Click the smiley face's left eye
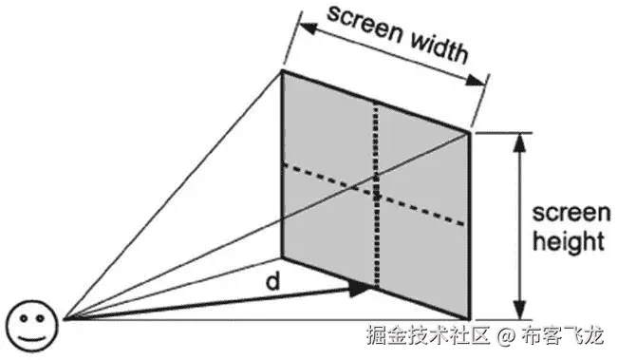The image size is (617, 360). tap(22, 318)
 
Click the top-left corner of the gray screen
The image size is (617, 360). tap(283, 70)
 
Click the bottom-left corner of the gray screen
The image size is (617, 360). tap(283, 256)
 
